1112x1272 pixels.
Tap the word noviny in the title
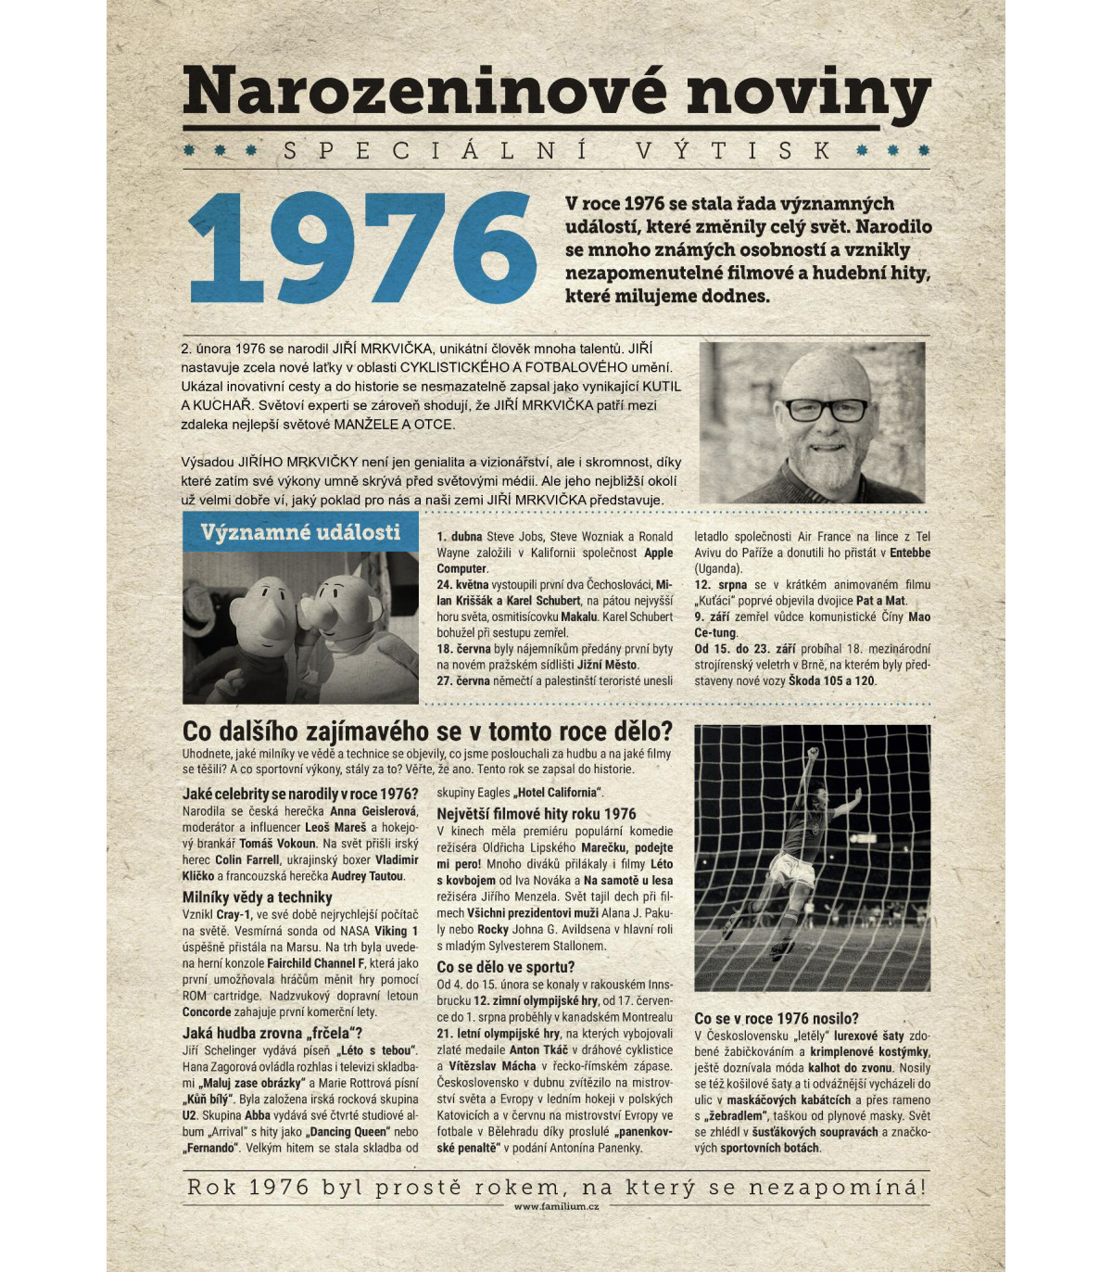click(x=808, y=93)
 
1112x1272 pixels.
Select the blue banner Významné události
click(x=300, y=532)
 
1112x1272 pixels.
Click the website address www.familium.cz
click(x=556, y=1206)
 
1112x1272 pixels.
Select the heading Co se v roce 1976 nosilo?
click(x=777, y=1018)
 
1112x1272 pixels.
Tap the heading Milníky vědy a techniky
click(x=257, y=897)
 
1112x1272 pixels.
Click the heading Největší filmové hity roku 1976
click(x=537, y=813)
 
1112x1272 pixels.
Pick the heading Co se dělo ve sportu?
click(x=505, y=967)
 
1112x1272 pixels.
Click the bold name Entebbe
click(x=910, y=553)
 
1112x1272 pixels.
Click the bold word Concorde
click(x=207, y=1011)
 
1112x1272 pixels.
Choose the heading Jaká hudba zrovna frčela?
click(x=272, y=1033)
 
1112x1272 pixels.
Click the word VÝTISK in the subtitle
click(x=733, y=150)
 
